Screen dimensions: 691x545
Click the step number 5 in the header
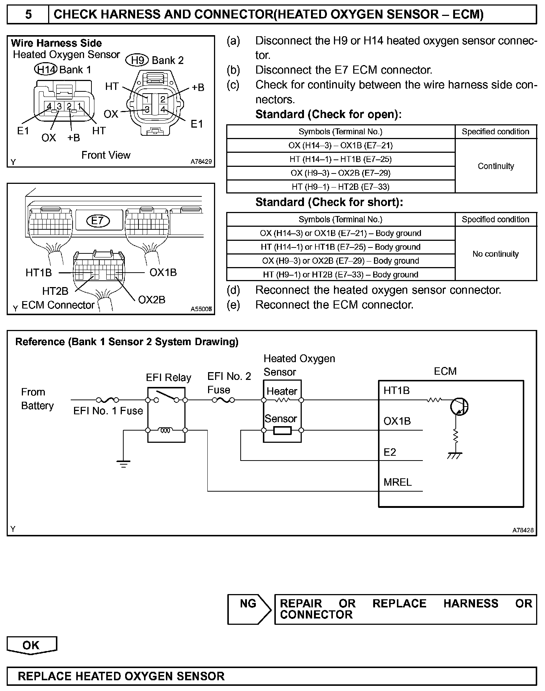pos(28,14)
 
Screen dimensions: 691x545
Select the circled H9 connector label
pos(137,60)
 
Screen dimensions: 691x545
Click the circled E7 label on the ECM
pos(98,221)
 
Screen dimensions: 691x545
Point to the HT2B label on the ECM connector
pos(55,291)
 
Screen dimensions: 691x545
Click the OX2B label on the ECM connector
pos(152,299)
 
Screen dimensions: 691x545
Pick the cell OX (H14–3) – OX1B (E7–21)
pos(340,145)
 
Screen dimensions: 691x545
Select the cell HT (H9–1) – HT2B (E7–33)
pos(340,187)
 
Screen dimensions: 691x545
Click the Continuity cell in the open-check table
pos(496,166)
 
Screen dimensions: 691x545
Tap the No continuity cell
pos(496,254)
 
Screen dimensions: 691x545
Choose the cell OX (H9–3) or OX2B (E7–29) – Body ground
pos(340,261)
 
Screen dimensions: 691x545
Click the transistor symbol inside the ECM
pos(459,407)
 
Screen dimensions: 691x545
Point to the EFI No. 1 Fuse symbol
pos(107,400)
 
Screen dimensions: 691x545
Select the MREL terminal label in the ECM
pos(398,482)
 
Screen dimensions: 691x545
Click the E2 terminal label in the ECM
pos(390,452)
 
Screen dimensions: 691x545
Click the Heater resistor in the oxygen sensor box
pos(282,400)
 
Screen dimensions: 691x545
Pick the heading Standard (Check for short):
pos(329,202)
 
